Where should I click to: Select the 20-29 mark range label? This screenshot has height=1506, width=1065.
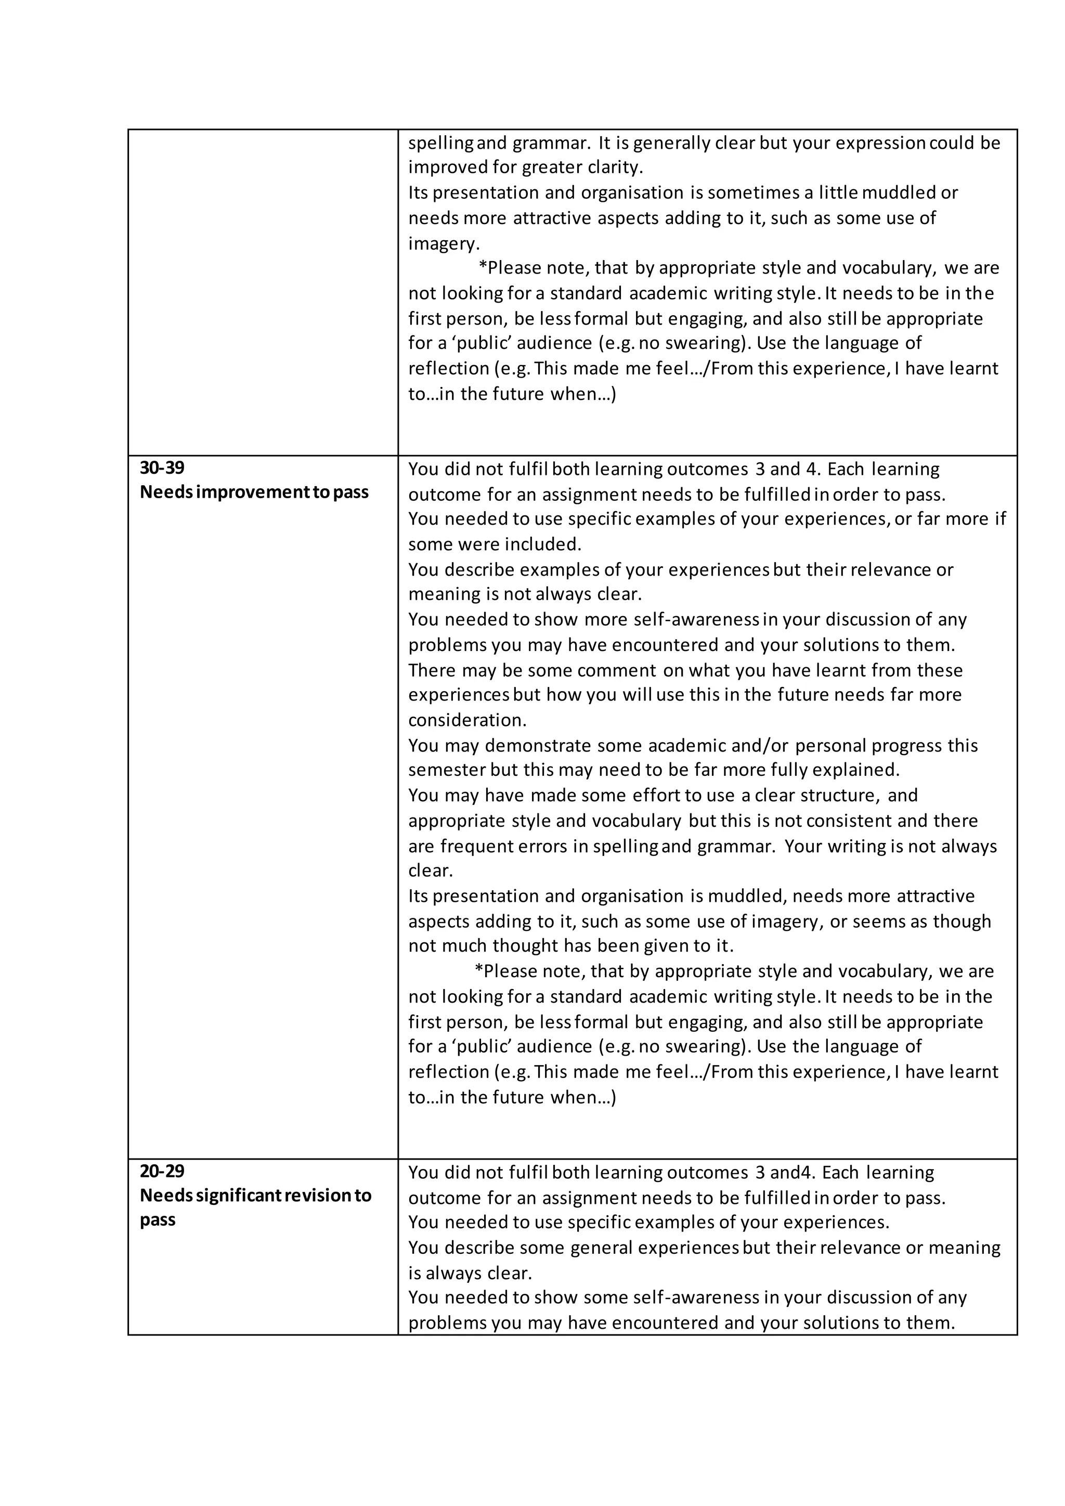point(162,1171)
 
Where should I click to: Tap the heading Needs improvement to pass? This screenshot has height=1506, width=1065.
point(254,492)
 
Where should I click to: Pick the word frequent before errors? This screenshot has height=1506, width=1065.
point(475,847)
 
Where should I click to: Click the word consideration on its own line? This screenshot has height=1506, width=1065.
point(467,721)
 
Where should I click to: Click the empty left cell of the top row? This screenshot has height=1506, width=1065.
point(262,292)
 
